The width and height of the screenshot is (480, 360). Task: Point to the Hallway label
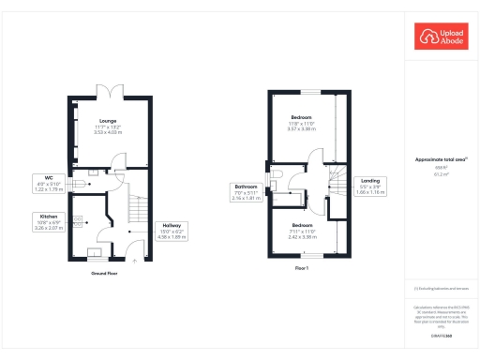(x=171, y=225)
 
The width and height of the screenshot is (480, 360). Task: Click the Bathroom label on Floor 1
(x=246, y=187)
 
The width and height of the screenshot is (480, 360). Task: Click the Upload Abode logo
(x=442, y=37)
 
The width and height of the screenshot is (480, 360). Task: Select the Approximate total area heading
(x=441, y=162)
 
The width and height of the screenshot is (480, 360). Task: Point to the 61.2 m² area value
(x=441, y=174)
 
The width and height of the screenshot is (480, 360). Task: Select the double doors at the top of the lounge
(x=111, y=91)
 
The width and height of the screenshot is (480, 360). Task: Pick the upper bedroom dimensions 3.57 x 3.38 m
(x=302, y=128)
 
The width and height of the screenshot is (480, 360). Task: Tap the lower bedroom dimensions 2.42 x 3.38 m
(x=302, y=237)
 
